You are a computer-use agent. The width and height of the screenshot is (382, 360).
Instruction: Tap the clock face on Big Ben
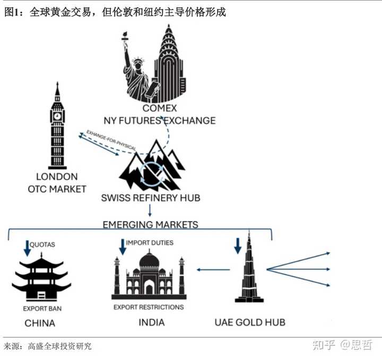57,116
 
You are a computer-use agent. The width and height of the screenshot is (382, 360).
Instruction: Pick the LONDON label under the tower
57,177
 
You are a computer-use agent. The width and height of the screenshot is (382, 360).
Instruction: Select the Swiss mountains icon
151,164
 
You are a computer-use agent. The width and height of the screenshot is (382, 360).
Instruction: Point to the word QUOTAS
42,244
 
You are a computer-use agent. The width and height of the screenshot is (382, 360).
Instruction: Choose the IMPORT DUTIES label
150,243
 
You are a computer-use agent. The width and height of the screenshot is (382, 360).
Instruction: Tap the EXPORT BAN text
40,309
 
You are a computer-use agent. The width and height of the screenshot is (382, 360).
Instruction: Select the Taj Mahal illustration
149,276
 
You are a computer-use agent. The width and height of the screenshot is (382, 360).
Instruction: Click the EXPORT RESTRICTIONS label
149,307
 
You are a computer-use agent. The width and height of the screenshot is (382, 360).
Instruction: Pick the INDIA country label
151,322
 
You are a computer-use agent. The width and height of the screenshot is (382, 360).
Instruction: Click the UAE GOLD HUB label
250,322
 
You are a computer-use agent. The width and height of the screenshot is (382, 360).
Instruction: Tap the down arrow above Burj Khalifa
237,245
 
